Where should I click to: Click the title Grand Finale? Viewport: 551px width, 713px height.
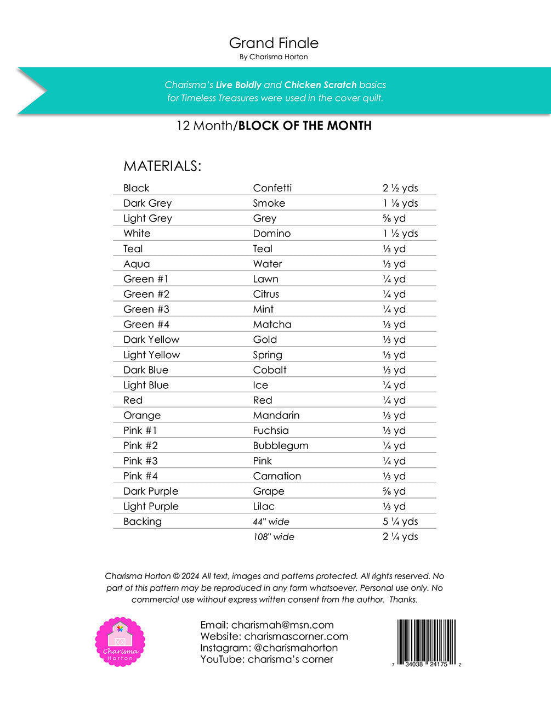point(274,43)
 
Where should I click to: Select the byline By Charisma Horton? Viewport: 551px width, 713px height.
point(274,56)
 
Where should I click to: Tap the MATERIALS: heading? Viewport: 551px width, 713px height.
point(162,166)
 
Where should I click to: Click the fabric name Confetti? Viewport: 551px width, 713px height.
point(272,188)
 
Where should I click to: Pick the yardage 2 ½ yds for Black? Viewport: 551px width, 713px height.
point(400,188)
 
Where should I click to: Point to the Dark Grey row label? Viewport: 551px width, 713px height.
point(147,203)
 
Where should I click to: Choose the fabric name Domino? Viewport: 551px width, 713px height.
point(271,234)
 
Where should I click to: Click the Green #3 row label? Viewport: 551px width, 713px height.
point(146,309)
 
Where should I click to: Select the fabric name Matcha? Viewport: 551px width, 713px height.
point(272,325)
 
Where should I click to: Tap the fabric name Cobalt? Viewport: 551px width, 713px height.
point(270,370)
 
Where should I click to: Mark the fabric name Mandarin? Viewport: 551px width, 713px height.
point(276,416)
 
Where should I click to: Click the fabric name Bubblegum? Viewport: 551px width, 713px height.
point(280,446)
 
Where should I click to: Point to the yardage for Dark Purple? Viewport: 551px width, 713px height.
point(394,491)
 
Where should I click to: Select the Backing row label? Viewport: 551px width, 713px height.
point(143,522)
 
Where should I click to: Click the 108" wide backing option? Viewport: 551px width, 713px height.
point(273,537)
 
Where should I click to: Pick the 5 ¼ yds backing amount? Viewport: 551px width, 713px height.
point(400,522)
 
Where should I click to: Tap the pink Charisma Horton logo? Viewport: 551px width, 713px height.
point(120,642)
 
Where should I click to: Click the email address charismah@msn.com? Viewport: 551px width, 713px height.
point(282,625)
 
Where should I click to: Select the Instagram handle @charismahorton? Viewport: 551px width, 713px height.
point(296,648)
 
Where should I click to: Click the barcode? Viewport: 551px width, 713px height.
point(427,641)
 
